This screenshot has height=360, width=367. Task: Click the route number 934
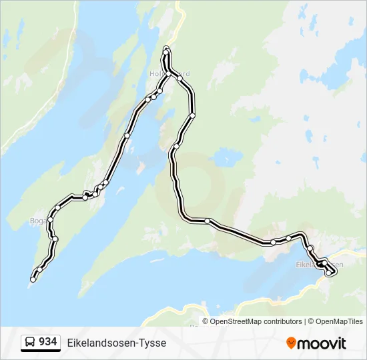47,342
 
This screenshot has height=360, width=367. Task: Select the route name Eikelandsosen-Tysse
117,343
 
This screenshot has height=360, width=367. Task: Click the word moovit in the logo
322,343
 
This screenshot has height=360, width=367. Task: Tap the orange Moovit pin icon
291,343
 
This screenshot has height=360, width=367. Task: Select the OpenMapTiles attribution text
340,321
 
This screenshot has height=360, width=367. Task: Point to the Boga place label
37,220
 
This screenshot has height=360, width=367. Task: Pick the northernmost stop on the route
166,49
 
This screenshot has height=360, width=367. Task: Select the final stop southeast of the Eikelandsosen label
328,273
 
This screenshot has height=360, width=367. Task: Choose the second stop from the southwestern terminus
40,269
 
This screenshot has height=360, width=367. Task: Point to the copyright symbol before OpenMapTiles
310,321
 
